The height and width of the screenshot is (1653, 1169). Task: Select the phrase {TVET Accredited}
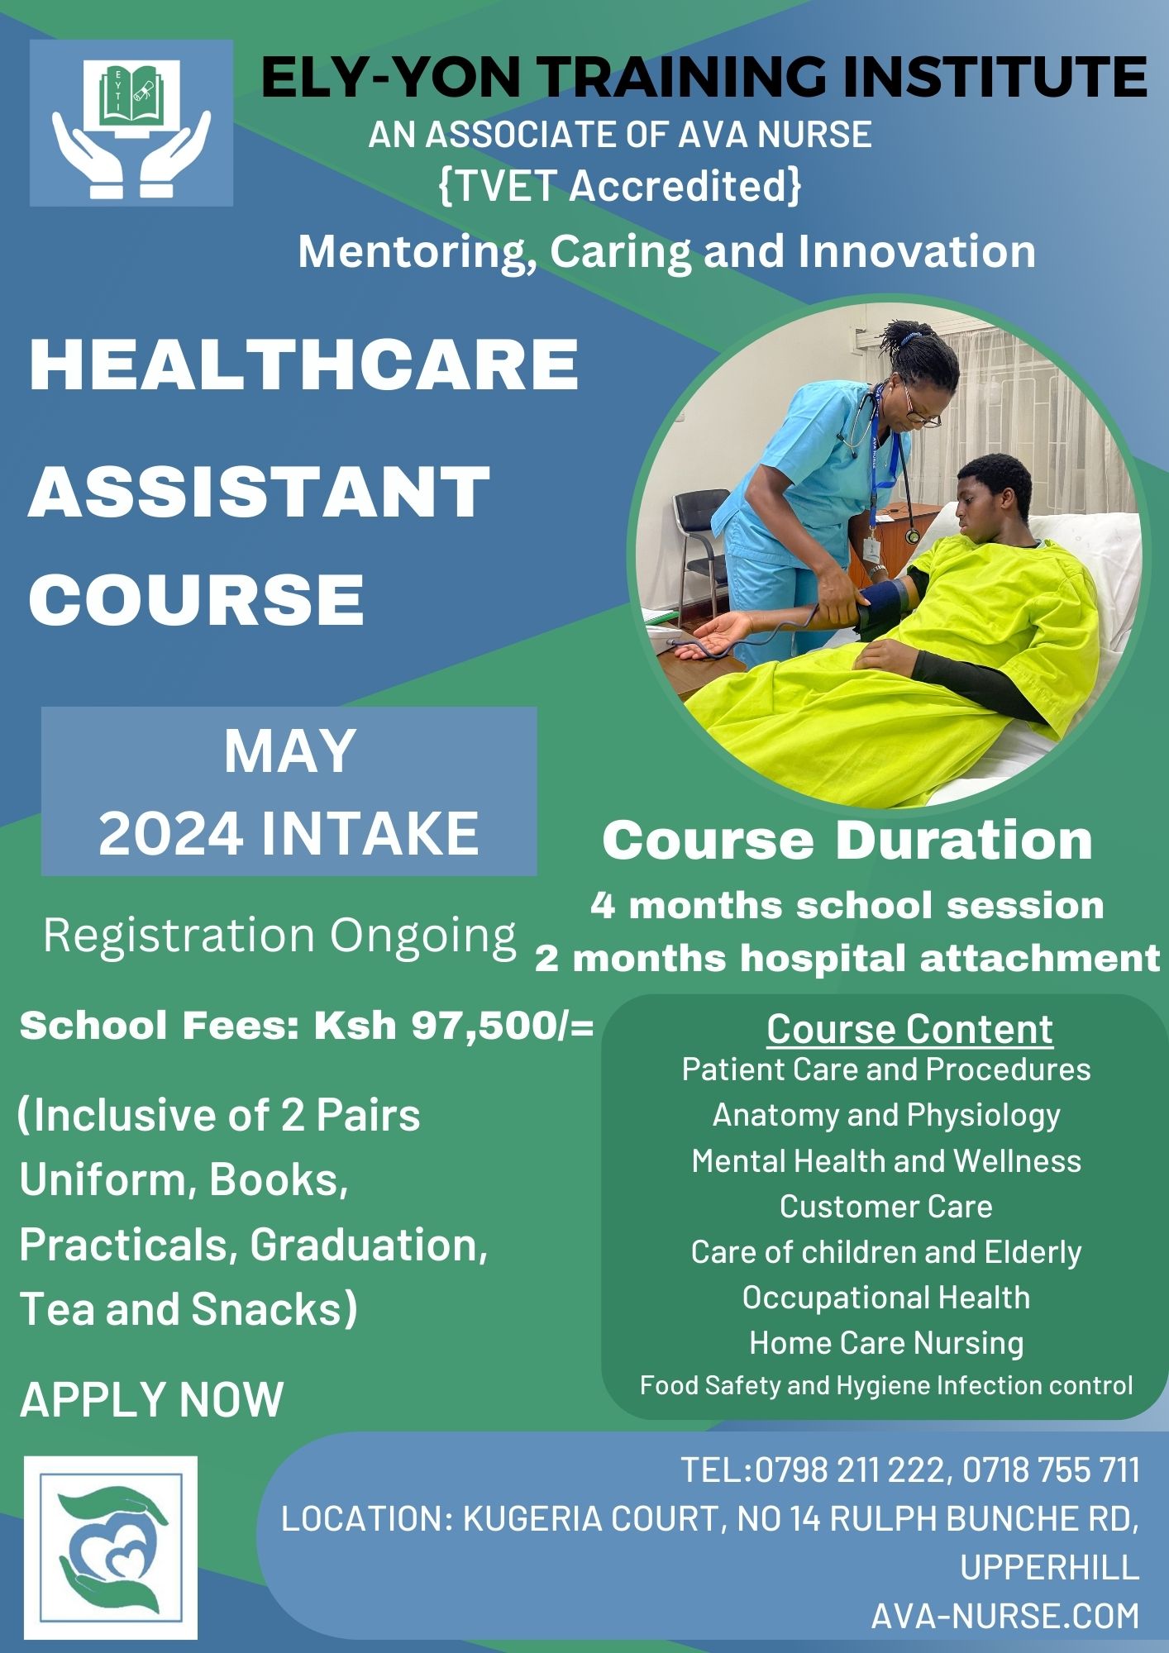coord(620,186)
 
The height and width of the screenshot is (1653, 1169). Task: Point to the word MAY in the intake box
coord(289,751)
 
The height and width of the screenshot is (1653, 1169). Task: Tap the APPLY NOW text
coord(151,1399)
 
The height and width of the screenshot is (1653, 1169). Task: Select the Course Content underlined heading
coord(909,1030)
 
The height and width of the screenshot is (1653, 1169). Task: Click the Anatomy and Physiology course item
coord(886,1115)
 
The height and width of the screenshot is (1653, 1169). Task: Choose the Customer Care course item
coord(886,1207)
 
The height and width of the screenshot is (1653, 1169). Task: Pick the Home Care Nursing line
coord(886,1343)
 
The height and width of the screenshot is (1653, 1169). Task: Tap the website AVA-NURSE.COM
coord(1004,1615)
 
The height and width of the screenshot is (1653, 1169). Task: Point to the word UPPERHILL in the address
coord(1049,1567)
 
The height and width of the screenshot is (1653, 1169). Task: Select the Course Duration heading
coord(847,841)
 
